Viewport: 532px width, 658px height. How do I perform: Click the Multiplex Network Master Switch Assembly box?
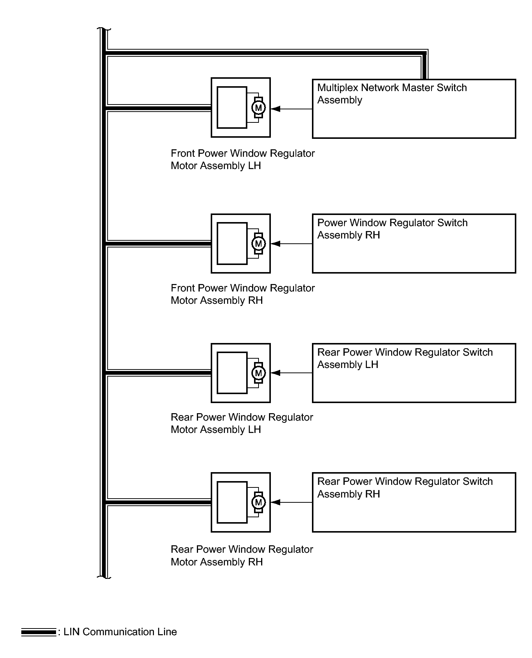coord(414,109)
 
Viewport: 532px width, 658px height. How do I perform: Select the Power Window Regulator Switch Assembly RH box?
coord(414,243)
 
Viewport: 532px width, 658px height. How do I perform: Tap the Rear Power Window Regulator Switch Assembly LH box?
coord(414,373)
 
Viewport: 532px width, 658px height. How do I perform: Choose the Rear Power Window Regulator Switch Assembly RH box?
coord(414,502)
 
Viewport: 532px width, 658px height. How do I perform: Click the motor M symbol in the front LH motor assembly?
coord(258,108)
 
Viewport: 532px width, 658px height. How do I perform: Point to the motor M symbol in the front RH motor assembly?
coord(258,244)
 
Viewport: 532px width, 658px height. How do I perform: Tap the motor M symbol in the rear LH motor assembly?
coord(258,373)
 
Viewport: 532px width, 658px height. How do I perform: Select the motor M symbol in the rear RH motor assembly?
coord(258,502)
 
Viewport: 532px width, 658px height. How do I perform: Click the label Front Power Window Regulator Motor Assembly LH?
coord(242,159)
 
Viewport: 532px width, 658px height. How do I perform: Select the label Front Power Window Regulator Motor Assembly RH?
coord(242,294)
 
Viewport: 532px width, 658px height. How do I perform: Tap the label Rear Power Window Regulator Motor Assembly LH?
coord(242,423)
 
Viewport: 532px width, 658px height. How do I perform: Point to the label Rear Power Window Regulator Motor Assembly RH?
coord(242,555)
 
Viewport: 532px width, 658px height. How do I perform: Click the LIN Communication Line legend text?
coord(120,632)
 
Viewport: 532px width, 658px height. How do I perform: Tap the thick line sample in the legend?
coord(38,632)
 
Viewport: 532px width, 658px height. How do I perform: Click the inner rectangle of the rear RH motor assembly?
coord(232,502)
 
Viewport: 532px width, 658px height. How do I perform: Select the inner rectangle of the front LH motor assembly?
coord(232,107)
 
